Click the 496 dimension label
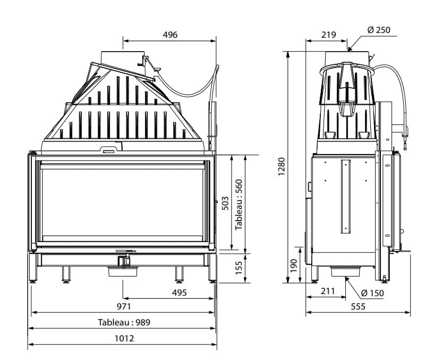point(170,35)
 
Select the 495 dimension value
point(180,292)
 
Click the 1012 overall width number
point(124,338)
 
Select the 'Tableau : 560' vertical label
point(239,203)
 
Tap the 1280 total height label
point(282,166)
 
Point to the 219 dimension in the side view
point(329,35)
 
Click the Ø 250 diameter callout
point(379,30)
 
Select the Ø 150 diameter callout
point(372,292)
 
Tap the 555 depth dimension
point(358,306)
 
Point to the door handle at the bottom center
point(125,249)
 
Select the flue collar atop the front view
point(122,57)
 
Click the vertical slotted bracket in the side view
point(346,197)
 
